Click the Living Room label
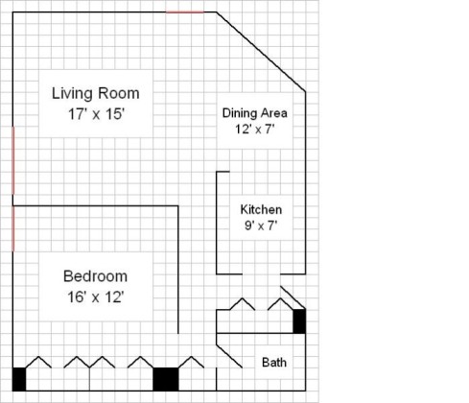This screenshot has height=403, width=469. pos(96,94)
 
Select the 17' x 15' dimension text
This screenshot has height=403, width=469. pos(96,114)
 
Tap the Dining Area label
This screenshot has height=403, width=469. pos(255,113)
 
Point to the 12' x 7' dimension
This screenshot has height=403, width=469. pos(255,130)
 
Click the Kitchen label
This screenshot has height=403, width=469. pos(261,210)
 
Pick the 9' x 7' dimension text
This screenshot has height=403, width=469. pos(261,225)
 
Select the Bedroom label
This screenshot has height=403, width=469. pos(95,276)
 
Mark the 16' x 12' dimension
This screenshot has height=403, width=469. pos(96,296)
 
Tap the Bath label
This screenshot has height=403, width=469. pos(274,363)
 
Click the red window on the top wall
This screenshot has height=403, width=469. pos(185,12)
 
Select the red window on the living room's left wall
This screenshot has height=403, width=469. pos(13,160)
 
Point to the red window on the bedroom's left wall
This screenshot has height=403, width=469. pos(13,228)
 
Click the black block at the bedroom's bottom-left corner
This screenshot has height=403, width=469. pos(19,379)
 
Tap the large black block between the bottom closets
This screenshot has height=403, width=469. pos(166,379)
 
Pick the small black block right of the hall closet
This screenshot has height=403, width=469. pos(299,321)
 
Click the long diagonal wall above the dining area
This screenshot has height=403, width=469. pos(261,52)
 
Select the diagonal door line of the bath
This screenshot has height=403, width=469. pos(229,356)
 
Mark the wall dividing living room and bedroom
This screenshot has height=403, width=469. pos(95,206)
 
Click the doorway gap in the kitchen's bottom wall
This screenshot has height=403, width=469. pos(261,274)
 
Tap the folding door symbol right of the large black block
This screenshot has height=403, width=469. pos(191,362)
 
